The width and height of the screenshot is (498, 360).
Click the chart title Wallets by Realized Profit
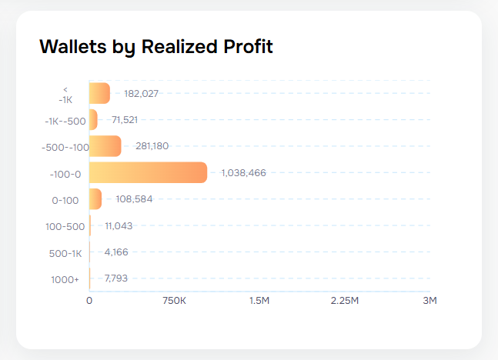(x=155, y=47)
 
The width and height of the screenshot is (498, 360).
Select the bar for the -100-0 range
(x=148, y=172)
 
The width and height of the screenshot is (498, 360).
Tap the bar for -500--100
(x=105, y=146)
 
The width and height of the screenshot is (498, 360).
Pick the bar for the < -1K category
(x=100, y=93)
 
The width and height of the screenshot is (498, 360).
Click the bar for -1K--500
(x=93, y=120)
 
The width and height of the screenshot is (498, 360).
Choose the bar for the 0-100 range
(x=95, y=199)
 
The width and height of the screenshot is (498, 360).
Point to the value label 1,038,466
(x=243, y=173)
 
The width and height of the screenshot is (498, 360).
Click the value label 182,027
(x=142, y=94)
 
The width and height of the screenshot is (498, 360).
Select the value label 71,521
(x=125, y=120)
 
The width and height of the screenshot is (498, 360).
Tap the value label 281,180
(x=152, y=146)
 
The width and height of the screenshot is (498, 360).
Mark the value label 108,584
(x=135, y=199)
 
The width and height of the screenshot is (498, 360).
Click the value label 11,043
(x=119, y=226)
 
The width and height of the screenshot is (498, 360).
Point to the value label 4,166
(x=116, y=252)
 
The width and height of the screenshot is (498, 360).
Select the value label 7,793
(x=117, y=278)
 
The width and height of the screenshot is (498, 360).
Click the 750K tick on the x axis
(x=175, y=301)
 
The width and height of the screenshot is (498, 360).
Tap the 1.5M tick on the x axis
(x=259, y=301)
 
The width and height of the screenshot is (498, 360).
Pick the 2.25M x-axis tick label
(x=344, y=301)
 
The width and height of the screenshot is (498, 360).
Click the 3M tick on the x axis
(x=429, y=301)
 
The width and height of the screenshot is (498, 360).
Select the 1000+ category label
(x=65, y=279)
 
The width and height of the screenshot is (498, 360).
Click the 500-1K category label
(x=66, y=253)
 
